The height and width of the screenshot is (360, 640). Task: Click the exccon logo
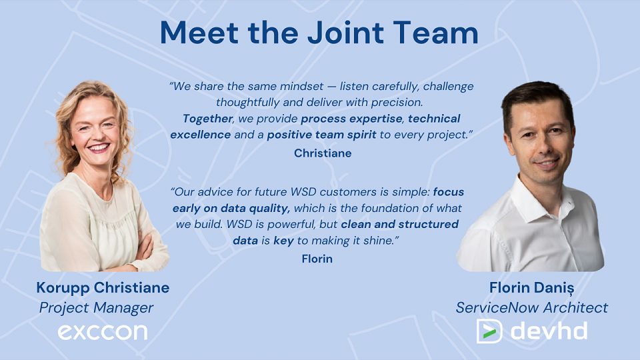click(103, 332)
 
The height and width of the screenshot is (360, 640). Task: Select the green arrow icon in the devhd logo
click(489, 331)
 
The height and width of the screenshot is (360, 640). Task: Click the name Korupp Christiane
click(103, 288)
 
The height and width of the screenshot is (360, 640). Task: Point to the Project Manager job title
click(96, 308)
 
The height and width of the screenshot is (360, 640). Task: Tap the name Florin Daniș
click(532, 288)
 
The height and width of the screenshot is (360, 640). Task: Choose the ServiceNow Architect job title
click(532, 307)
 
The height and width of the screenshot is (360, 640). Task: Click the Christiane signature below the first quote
click(323, 153)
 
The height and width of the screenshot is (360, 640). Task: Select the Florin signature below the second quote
click(317, 259)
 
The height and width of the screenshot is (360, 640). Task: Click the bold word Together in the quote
click(207, 119)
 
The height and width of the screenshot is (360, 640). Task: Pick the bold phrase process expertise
click(351, 119)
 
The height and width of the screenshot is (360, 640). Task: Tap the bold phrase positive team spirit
click(321, 135)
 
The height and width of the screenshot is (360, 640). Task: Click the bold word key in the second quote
click(284, 241)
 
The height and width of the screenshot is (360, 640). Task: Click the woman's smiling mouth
click(99, 147)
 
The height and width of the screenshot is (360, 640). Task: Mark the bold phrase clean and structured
click(399, 225)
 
